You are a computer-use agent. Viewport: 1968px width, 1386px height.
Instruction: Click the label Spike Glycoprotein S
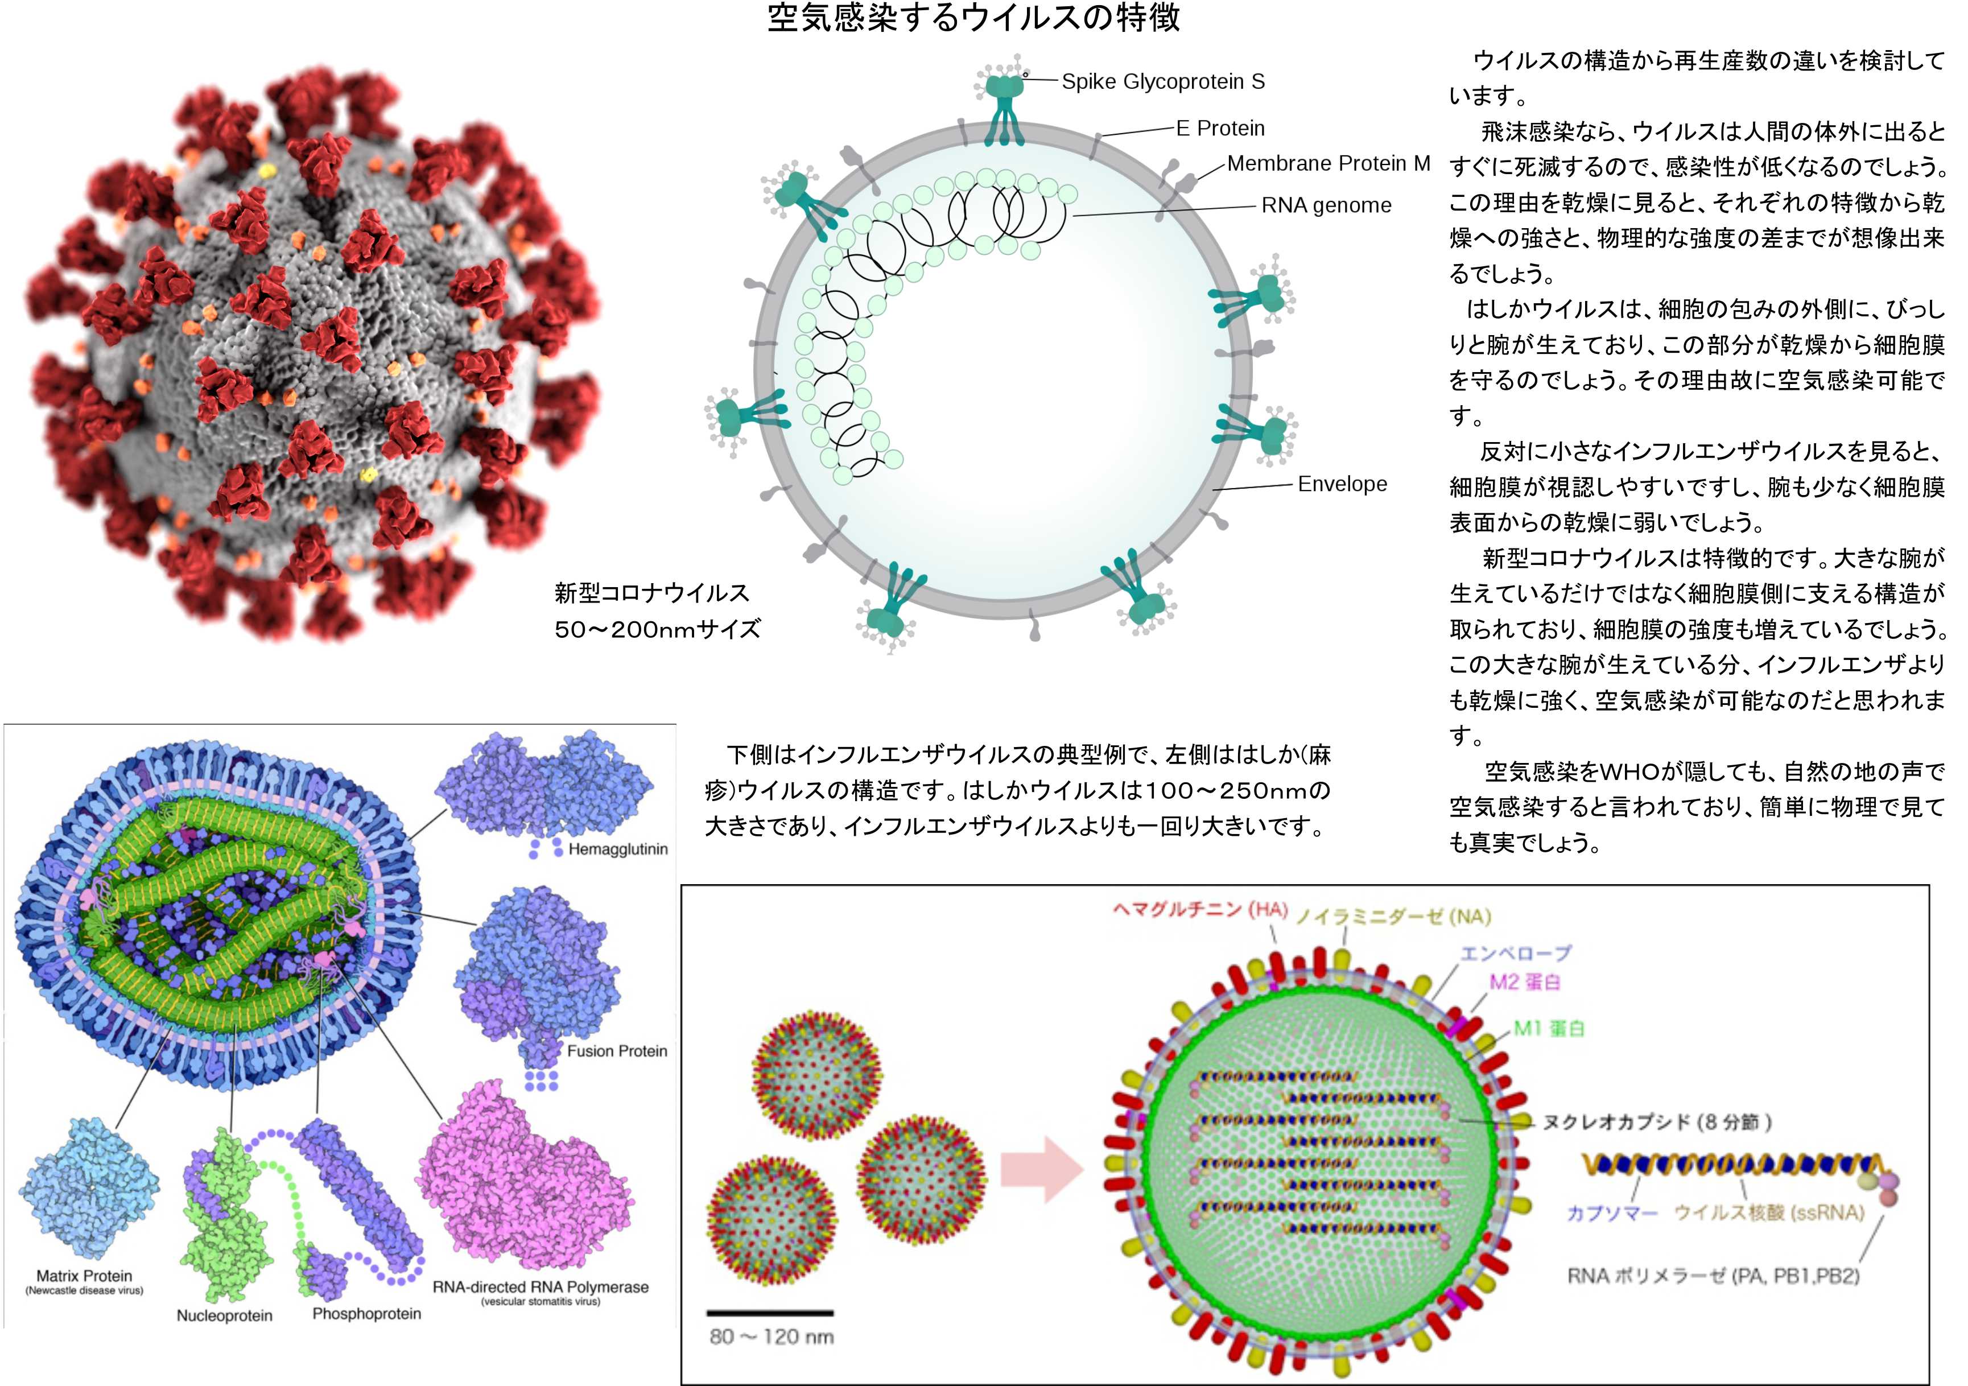(x=1162, y=81)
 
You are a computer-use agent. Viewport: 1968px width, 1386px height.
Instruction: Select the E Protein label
(x=1220, y=129)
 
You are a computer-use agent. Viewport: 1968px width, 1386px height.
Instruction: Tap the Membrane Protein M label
(x=1328, y=164)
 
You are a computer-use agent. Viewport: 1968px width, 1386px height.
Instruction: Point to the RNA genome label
(x=1326, y=206)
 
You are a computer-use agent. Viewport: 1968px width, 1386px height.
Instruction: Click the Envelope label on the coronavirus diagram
(x=1342, y=484)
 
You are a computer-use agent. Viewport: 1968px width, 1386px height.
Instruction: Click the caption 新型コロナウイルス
(x=651, y=593)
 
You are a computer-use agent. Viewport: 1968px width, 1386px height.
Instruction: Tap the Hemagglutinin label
(x=617, y=849)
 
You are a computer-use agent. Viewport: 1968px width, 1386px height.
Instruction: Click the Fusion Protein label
(x=616, y=1051)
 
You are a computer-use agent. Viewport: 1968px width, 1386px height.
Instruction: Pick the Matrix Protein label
(x=84, y=1276)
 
